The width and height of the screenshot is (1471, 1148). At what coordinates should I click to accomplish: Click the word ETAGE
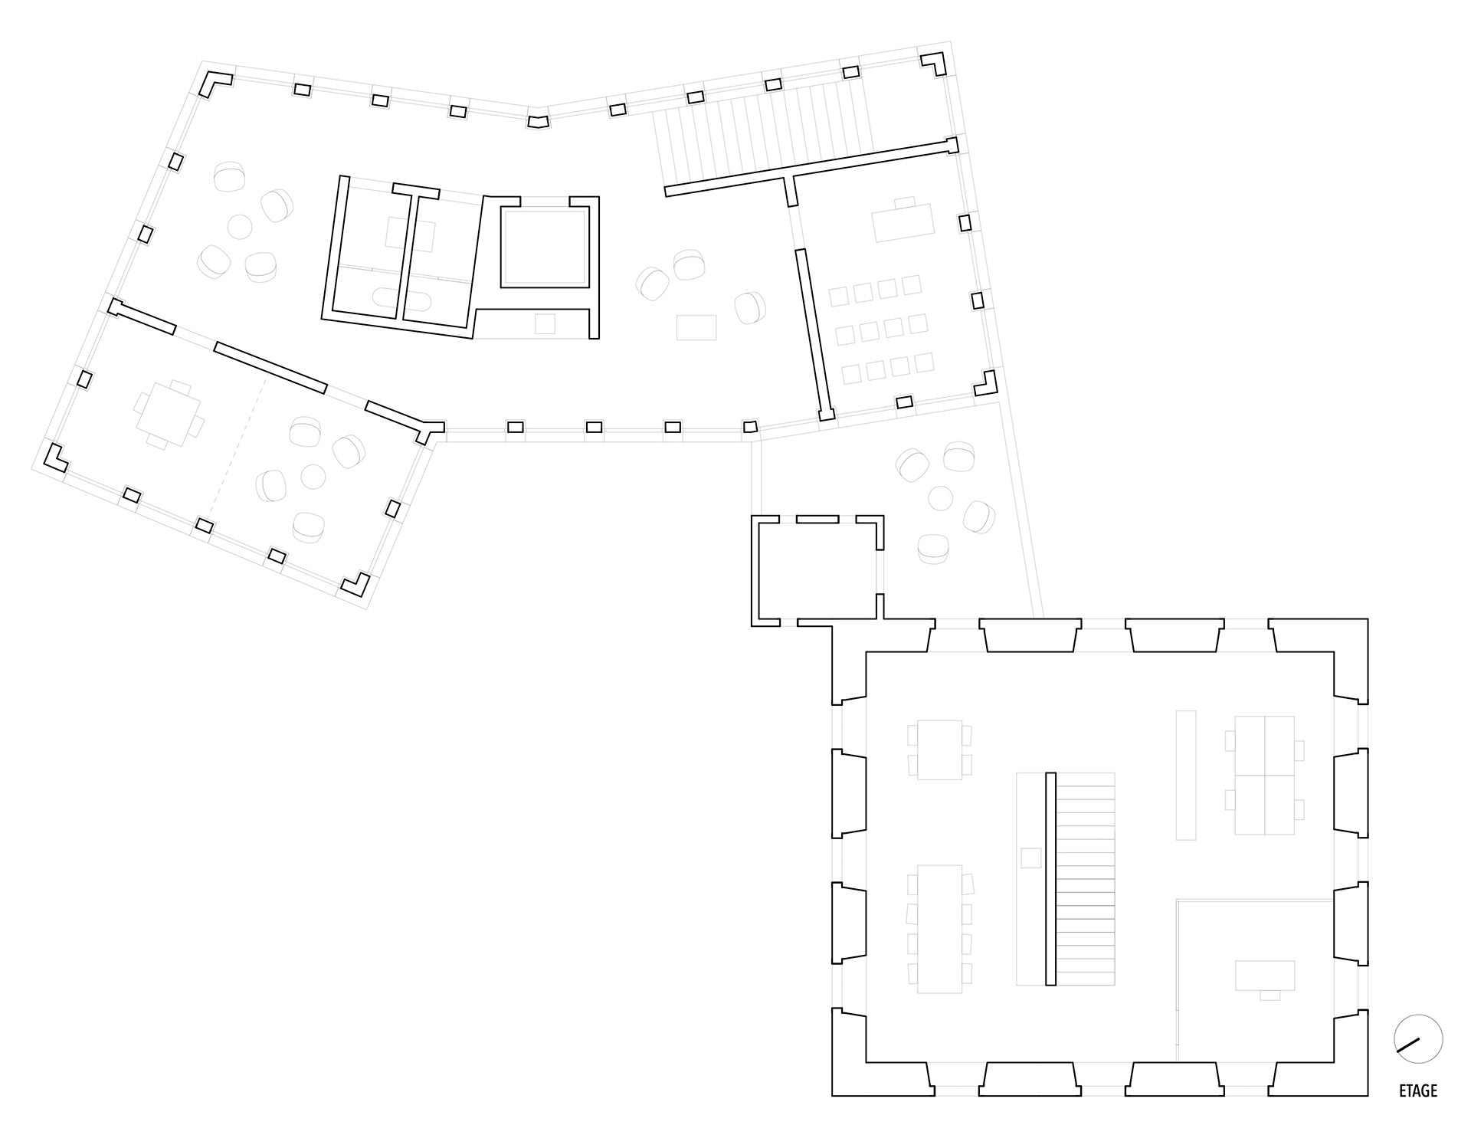tap(1417, 1091)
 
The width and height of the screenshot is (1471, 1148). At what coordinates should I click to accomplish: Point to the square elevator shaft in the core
tap(544, 247)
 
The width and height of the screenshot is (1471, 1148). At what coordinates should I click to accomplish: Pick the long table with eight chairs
tap(939, 929)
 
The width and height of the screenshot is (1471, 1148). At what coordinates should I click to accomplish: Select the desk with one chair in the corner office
tap(1265, 976)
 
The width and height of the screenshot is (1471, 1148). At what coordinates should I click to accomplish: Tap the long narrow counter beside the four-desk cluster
tap(1185, 775)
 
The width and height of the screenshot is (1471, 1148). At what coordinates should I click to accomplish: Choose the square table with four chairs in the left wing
tap(169, 415)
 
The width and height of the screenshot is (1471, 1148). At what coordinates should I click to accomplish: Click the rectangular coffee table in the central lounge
tap(696, 327)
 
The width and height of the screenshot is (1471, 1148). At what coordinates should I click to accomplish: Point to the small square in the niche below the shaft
tap(545, 323)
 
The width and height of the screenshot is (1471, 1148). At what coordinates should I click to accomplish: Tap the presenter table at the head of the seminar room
tap(904, 221)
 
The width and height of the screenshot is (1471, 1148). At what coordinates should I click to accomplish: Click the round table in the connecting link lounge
tap(940, 498)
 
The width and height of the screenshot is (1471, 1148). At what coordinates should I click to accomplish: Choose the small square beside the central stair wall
tap(1031, 858)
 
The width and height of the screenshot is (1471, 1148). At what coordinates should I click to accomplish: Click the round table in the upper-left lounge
tap(240, 227)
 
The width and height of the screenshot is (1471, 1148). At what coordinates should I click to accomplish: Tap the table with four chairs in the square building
tap(939, 749)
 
